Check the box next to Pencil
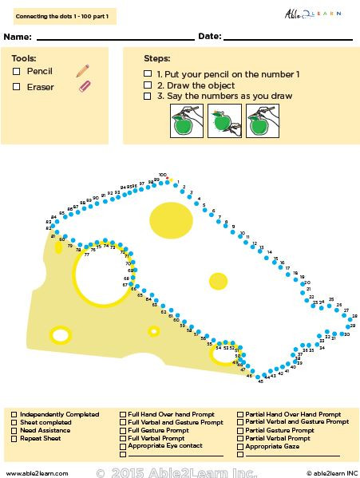[x=17, y=72]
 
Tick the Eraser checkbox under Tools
[x=17, y=87]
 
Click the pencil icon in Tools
[x=82, y=71]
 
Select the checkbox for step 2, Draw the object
[x=148, y=85]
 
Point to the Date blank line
[x=287, y=38]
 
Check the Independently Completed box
[x=14, y=415]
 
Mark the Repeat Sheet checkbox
[x=14, y=439]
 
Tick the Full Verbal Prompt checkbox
[x=122, y=439]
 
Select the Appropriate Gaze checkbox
[x=239, y=447]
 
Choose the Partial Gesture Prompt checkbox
[x=239, y=431]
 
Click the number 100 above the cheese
[x=162, y=174]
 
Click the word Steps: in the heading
[x=156, y=59]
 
